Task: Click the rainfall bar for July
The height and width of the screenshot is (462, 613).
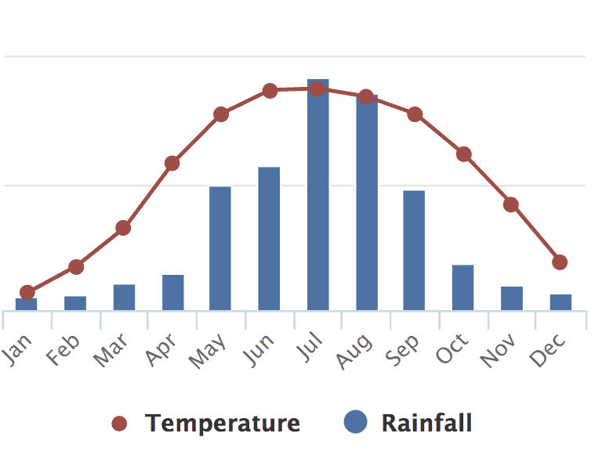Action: [x=317, y=196]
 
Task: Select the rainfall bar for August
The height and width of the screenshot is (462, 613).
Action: [x=367, y=204]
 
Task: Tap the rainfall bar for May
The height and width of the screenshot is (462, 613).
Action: [x=220, y=248]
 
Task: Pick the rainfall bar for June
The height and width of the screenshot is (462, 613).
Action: [x=269, y=239]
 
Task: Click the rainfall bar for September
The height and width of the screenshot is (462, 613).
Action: [x=414, y=251]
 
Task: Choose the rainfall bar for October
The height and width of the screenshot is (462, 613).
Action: [x=462, y=287]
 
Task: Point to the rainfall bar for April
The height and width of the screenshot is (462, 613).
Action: [x=172, y=292]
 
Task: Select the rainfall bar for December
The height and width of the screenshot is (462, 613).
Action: [x=560, y=301]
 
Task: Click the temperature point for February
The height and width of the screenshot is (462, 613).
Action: [x=75, y=267]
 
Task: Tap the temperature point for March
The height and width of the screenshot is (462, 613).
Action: [x=123, y=228]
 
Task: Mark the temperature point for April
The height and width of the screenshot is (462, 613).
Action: [x=172, y=164]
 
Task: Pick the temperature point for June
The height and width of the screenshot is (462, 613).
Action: [x=270, y=91]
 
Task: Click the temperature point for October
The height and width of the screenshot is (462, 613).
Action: [x=464, y=153]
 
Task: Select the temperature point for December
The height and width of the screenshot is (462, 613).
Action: [x=560, y=262]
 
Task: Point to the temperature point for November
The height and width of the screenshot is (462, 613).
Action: [x=511, y=204]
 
